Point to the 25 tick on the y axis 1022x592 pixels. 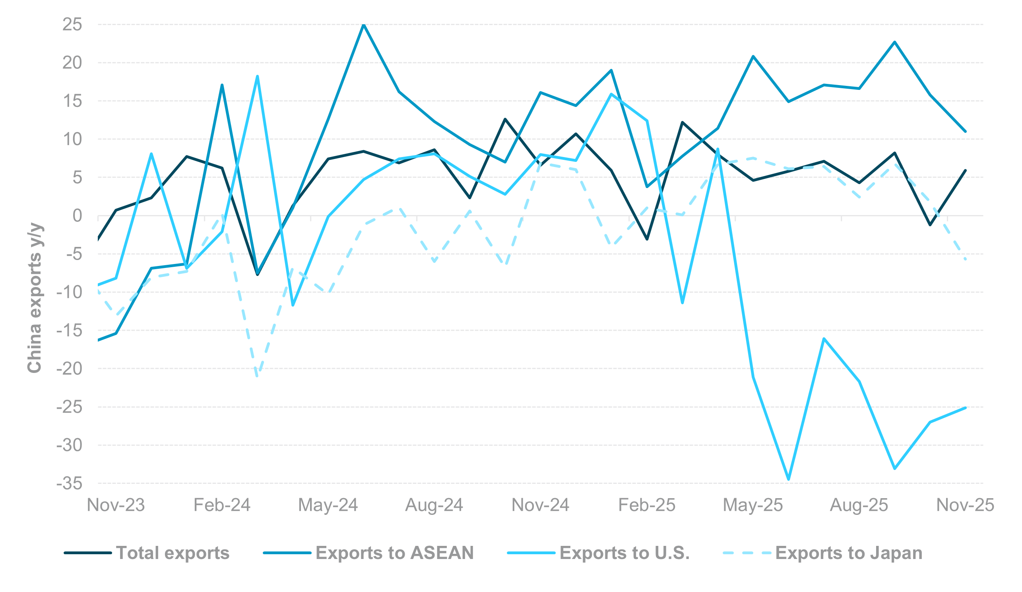[x=72, y=24]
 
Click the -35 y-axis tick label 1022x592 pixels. [x=69, y=484]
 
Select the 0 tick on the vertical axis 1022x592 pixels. [x=77, y=216]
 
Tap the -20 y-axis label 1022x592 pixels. [x=69, y=369]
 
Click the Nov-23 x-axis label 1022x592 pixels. [x=116, y=505]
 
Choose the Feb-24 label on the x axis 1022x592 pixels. [x=222, y=505]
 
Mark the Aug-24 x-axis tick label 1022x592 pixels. [x=434, y=505]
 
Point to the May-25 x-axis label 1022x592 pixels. [x=753, y=505]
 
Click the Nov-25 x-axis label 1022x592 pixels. [x=965, y=505]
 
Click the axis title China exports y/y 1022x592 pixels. [x=34, y=297]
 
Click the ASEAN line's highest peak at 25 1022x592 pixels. [x=364, y=25]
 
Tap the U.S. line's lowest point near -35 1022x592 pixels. [x=788, y=479]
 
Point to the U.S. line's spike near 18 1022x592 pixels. [x=258, y=76]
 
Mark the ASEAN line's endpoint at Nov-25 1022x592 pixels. [x=965, y=132]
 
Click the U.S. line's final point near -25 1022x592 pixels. [x=965, y=408]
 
